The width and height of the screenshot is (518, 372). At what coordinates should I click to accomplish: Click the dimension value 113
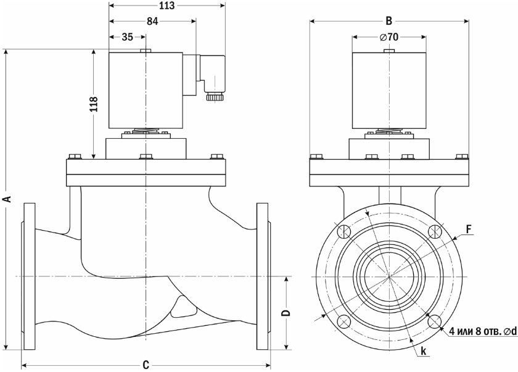(x=167, y=6)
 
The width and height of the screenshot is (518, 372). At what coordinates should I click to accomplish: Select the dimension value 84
(x=152, y=21)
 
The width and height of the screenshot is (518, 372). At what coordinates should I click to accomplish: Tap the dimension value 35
(x=128, y=36)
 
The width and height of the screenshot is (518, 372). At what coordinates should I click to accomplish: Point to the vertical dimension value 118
(x=94, y=104)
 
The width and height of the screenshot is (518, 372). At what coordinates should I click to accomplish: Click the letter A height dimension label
(x=7, y=199)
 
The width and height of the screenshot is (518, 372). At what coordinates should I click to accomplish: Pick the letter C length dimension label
(x=146, y=365)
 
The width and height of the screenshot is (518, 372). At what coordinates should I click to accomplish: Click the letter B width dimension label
(x=389, y=21)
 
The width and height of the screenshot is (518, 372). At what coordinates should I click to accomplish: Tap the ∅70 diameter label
(x=389, y=36)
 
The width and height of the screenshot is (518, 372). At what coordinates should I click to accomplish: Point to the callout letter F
(x=469, y=229)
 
